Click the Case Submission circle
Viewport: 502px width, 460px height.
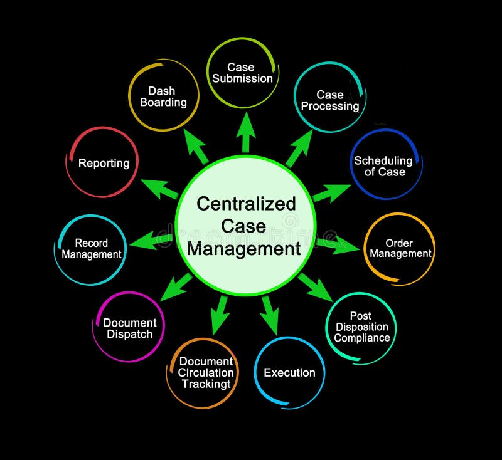[242, 73]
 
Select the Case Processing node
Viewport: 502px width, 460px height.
[330, 100]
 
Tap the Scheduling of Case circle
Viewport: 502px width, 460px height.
[383, 165]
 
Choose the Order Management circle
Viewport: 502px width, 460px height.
[400, 248]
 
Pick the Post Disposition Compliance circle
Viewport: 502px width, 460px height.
[361, 327]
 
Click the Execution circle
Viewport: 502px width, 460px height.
[289, 372]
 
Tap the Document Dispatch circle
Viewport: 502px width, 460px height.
[130, 328]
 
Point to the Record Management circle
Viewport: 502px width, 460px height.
[91, 249]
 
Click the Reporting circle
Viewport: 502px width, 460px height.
[103, 163]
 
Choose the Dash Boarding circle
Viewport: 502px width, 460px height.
[163, 96]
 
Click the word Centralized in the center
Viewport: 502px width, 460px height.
[246, 204]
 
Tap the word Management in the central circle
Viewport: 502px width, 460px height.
[244, 249]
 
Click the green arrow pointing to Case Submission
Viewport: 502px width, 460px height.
[245, 132]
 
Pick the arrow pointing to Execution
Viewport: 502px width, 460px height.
[270, 314]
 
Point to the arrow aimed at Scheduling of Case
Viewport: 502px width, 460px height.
[331, 192]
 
